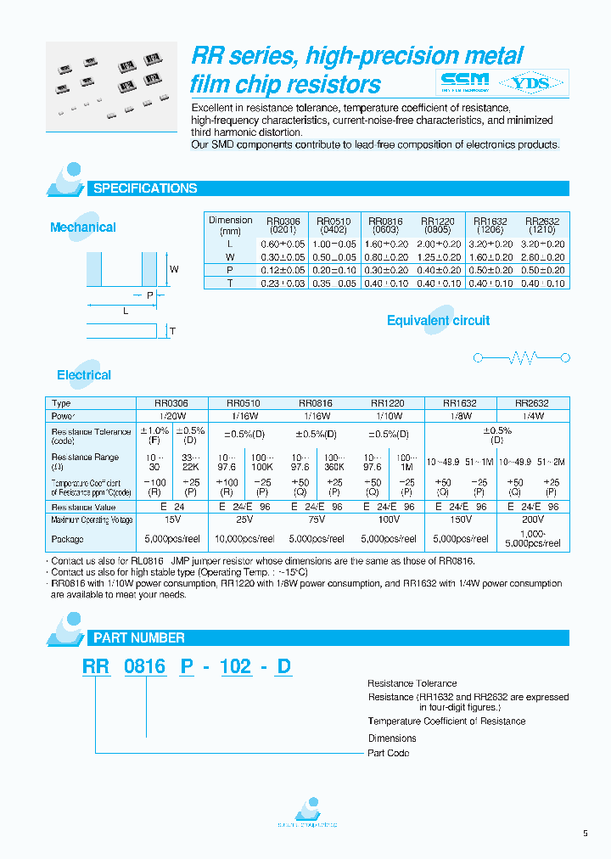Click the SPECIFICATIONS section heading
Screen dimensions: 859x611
[144, 188]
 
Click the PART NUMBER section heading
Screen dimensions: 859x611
[138, 637]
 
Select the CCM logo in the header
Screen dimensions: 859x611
[466, 82]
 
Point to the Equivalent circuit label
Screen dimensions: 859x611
[438, 320]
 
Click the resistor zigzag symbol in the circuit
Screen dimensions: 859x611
[523, 358]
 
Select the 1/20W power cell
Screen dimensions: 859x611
[172, 417]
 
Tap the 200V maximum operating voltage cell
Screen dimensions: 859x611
[534, 519]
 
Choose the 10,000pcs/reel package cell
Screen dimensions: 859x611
[244, 538]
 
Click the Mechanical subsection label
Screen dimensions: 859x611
[82, 227]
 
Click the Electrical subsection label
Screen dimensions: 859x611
[84, 374]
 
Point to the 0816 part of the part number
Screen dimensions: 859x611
[144, 666]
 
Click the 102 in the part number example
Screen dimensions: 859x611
[236, 666]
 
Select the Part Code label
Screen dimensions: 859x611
[388, 753]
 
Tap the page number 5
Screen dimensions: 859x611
[585, 834]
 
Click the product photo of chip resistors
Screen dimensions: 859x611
[109, 86]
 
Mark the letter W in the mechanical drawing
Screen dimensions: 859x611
[174, 270]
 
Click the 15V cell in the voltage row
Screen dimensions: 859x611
[172, 519]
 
